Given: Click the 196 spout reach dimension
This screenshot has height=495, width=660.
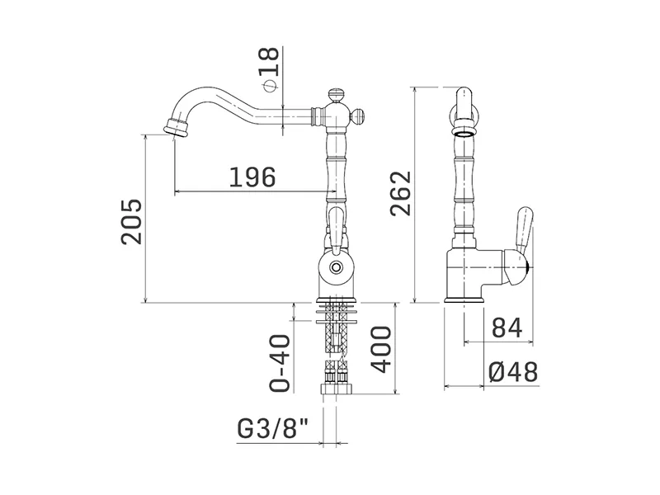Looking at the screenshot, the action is point(252,177).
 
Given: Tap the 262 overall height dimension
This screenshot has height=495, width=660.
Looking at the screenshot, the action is point(400,193).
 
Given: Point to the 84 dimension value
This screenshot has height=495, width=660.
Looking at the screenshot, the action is point(507,328).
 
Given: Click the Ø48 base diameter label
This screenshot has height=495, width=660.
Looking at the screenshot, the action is point(513,372).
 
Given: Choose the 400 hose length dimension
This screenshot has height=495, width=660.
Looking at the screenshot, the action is point(380,349).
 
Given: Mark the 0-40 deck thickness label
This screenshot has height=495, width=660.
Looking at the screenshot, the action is point(280,363).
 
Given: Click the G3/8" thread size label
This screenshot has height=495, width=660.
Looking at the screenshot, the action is point(273,429).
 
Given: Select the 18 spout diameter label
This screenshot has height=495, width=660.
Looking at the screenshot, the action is point(270,60).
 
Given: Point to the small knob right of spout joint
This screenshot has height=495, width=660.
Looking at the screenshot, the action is point(358,114).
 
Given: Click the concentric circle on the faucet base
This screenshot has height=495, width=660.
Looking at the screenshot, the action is point(336,266).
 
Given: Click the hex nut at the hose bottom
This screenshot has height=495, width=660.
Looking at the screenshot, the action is point(336,389).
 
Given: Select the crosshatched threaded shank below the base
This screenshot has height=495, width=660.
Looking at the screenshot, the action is point(336,328).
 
